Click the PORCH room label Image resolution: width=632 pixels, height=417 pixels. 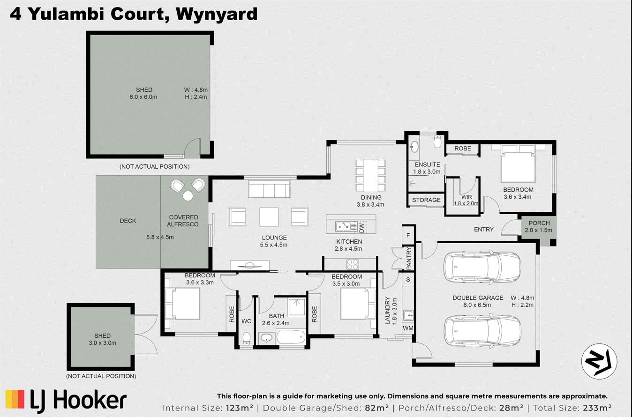(x=539, y=223)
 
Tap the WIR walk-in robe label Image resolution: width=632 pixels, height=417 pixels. (x=466, y=197)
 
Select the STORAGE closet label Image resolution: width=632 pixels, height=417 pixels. (x=426, y=200)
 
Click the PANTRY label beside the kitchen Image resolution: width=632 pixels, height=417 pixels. (x=408, y=258)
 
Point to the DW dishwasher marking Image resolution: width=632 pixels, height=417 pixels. (x=361, y=228)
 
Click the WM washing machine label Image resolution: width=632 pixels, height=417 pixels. (x=408, y=328)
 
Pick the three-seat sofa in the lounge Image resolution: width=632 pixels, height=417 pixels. (x=269, y=190)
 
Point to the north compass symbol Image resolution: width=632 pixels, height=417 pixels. (x=599, y=361)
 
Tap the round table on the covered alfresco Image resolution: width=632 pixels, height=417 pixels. (x=188, y=196)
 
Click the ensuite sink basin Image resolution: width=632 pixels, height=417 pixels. (x=414, y=147)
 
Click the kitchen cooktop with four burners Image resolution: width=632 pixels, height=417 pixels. (x=353, y=262)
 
